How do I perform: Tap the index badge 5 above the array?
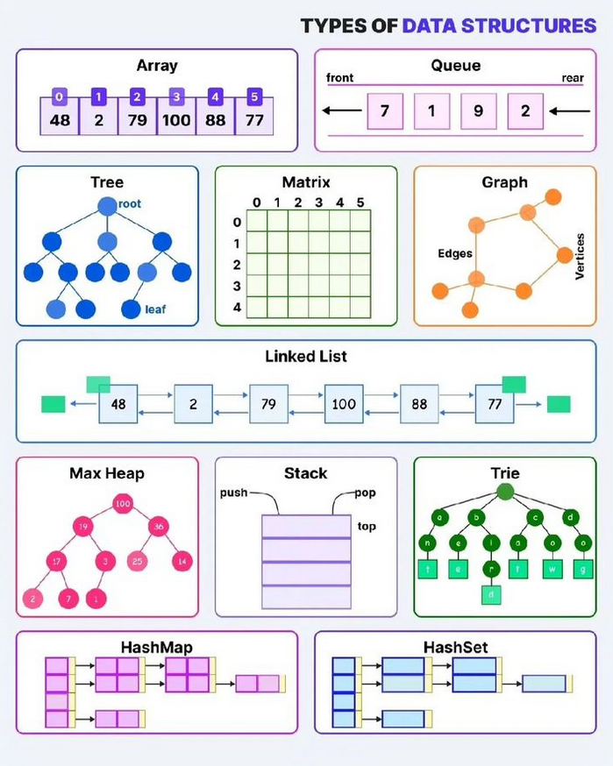click(x=254, y=96)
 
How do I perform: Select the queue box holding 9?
click(x=478, y=111)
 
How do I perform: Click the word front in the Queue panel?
click(x=339, y=78)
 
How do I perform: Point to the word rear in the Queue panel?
click(x=572, y=78)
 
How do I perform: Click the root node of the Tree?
click(x=107, y=206)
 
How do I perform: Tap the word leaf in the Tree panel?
click(x=156, y=309)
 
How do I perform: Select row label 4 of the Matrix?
click(x=236, y=307)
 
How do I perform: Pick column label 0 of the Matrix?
click(x=257, y=203)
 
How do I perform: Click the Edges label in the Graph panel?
click(x=455, y=253)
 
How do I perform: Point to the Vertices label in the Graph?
click(x=580, y=256)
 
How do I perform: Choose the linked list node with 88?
click(x=419, y=404)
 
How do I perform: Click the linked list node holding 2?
click(x=193, y=404)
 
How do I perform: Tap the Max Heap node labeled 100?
click(x=123, y=504)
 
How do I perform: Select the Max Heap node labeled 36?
click(x=159, y=527)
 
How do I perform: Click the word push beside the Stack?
click(x=233, y=493)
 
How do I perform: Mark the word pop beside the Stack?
click(x=365, y=493)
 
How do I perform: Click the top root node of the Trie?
click(x=505, y=492)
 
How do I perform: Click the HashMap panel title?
click(x=157, y=647)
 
